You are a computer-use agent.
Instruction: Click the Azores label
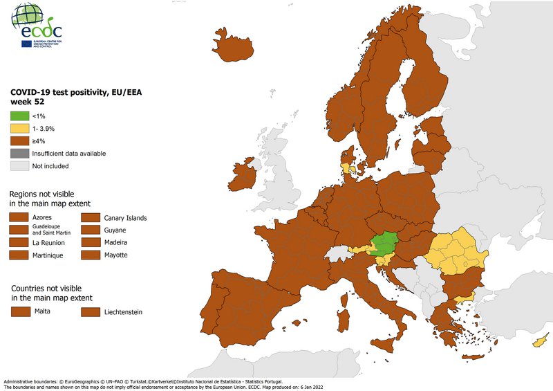tap(42, 218)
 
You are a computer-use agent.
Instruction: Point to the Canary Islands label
tap(126, 218)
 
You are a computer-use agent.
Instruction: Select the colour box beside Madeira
tap(91, 243)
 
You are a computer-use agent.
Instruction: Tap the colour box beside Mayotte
tap(91, 255)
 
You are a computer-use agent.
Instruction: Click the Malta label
tap(42, 312)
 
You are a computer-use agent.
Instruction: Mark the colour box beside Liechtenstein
tap(91, 312)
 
